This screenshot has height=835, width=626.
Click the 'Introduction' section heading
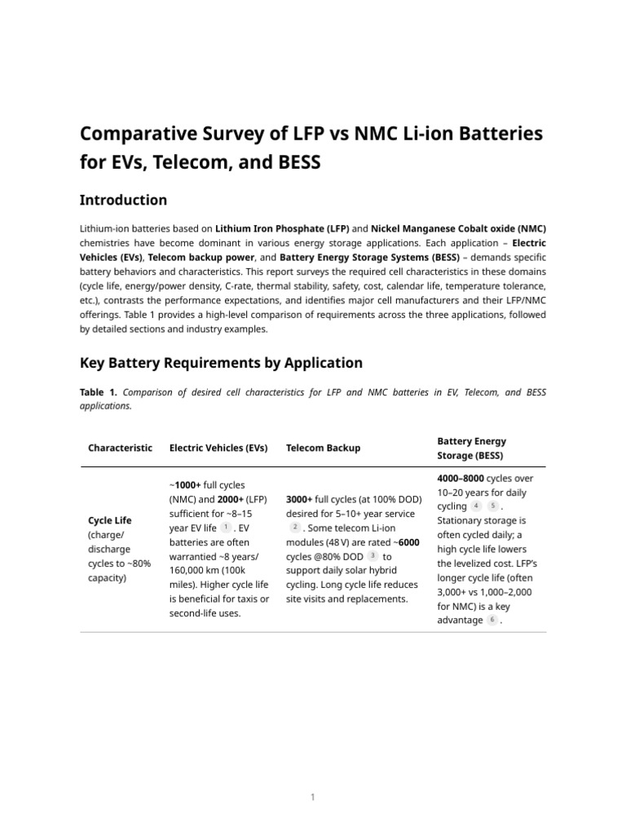(123, 200)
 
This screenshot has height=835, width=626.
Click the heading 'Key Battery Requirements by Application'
(221, 362)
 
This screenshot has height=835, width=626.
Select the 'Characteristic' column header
(120, 448)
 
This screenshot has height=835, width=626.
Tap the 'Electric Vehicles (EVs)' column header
(218, 448)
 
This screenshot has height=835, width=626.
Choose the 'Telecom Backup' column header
(323, 448)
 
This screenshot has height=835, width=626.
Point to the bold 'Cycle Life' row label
(109, 519)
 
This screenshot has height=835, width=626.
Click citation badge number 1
(226, 528)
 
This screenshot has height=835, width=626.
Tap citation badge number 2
(295, 528)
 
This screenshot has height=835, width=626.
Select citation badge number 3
(373, 556)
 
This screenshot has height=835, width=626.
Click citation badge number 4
(477, 506)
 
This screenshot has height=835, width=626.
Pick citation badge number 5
(492, 506)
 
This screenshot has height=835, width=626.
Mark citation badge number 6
(492, 620)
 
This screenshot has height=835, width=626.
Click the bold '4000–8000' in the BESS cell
(461, 478)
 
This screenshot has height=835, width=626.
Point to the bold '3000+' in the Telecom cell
(299, 499)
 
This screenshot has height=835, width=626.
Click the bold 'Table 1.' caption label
(99, 392)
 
